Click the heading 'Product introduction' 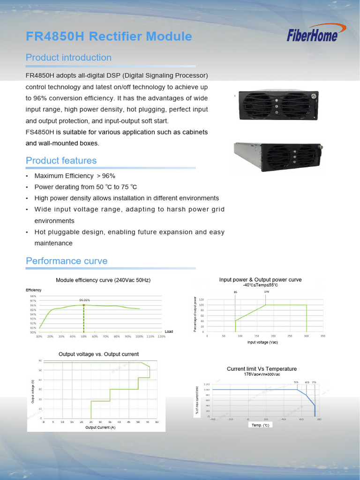(x=68, y=58)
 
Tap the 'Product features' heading (x=61, y=161)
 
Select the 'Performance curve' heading (x=67, y=261)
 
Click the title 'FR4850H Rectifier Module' (x=109, y=37)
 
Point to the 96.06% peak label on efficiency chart (x=84, y=300)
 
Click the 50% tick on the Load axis (x=84, y=337)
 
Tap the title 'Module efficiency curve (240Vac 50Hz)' (x=103, y=280)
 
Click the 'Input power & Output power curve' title (x=260, y=280)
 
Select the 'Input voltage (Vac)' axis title (x=262, y=343)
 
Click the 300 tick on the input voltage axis (x=306, y=336)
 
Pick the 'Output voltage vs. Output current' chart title (x=98, y=354)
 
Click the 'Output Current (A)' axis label (x=100, y=427)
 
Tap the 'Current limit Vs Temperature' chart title (x=262, y=369)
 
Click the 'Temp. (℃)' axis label (x=260, y=425)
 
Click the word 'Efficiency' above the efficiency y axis (x=33, y=290)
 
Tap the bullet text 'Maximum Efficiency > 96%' (x=75, y=176)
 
